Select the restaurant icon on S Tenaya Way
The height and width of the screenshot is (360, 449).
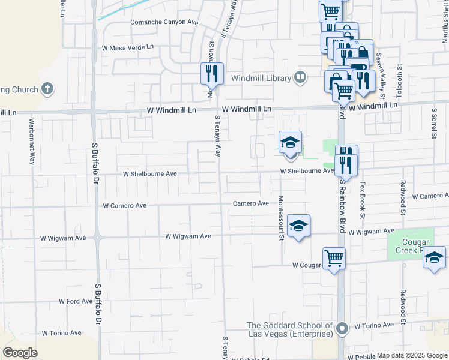pos(212,74)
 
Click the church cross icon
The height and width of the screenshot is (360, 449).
pos(47,89)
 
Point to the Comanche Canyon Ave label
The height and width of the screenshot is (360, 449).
pos(164,22)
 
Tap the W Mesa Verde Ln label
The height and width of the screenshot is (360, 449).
pos(128,47)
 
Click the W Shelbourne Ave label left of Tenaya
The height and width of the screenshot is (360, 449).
pos(150,174)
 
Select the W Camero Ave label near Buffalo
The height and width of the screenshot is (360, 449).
pos(125,205)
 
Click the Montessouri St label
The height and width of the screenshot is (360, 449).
pos(280,218)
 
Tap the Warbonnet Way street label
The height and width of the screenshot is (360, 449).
pos(31,142)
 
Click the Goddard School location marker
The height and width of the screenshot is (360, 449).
pos(342,329)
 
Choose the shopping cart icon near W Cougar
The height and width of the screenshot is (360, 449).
pos(334,258)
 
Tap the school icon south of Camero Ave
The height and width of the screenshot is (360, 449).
pos(298,226)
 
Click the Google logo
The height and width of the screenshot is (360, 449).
pos(20,353)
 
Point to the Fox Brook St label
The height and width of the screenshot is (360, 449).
pos(362,196)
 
